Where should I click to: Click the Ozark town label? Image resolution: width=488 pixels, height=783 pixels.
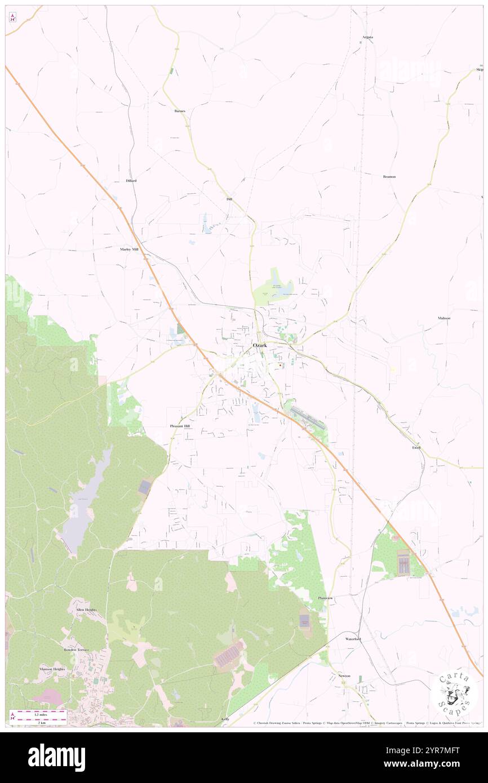(x=259, y=345)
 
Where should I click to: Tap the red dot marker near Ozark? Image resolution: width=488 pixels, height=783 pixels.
(x=280, y=365)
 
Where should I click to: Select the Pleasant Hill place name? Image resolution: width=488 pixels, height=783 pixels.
(x=180, y=426)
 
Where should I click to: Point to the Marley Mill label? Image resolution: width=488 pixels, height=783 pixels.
(x=128, y=248)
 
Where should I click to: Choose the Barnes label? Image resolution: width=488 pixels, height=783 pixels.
(x=180, y=111)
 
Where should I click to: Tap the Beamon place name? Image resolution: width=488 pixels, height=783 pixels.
(x=389, y=176)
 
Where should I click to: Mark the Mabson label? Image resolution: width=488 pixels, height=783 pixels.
(x=443, y=318)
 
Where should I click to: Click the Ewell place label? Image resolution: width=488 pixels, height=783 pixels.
(x=416, y=447)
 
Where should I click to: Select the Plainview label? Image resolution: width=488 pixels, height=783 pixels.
(x=326, y=598)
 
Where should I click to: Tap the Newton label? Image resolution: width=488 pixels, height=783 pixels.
(x=344, y=675)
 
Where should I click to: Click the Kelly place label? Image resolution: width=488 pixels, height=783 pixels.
(x=225, y=719)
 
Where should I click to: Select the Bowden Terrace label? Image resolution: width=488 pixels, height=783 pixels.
(x=77, y=649)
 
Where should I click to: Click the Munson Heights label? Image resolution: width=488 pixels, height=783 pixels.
(x=52, y=669)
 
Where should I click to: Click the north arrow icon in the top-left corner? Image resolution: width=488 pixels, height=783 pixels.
(x=12, y=18)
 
